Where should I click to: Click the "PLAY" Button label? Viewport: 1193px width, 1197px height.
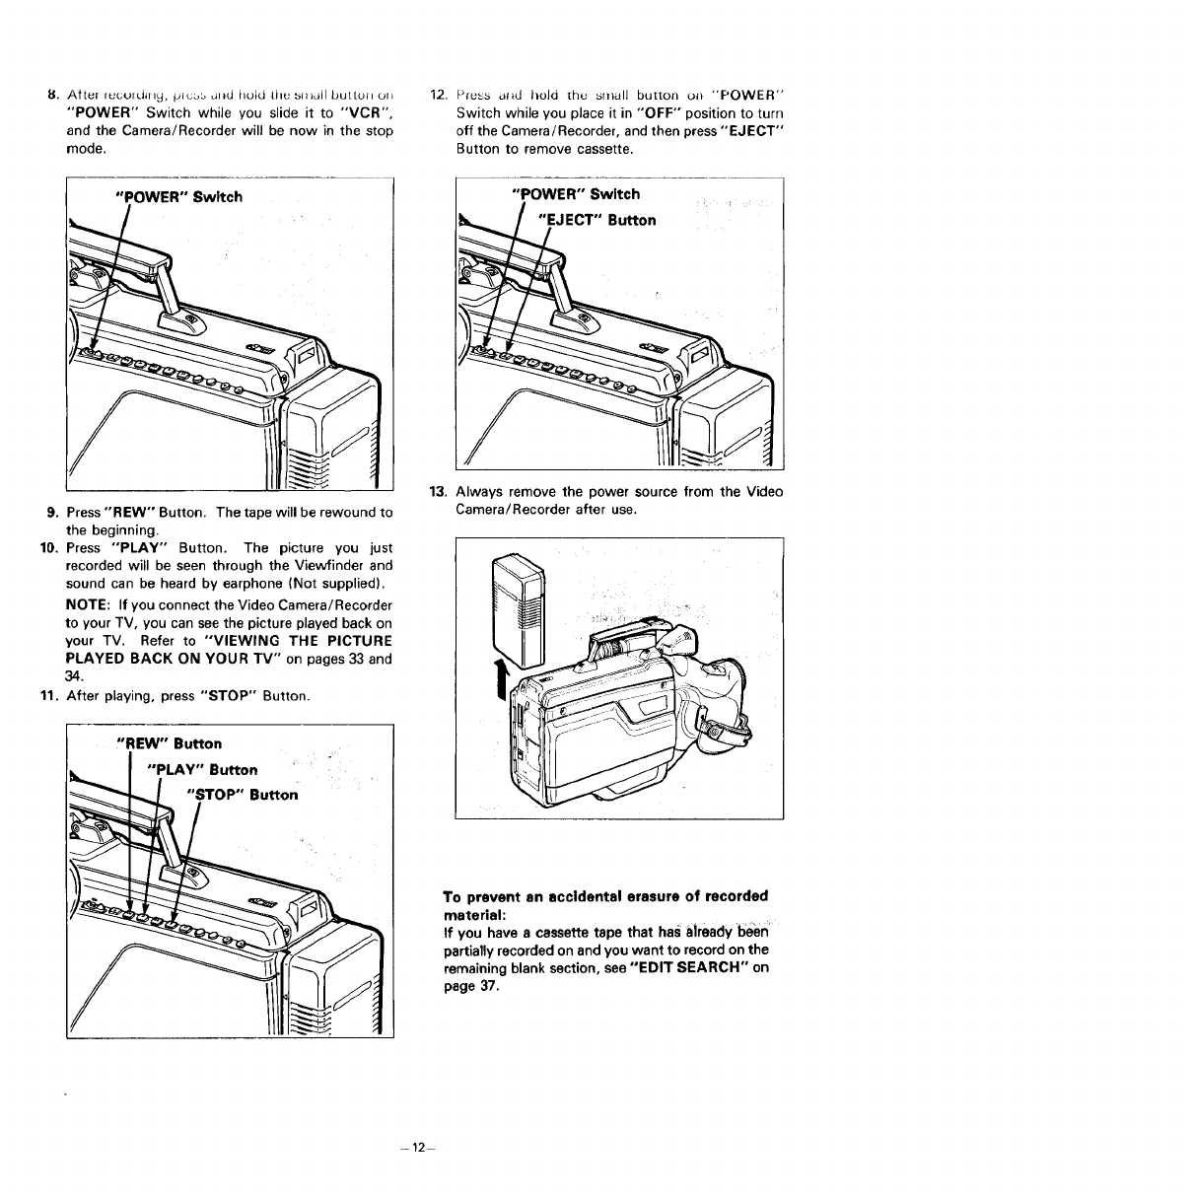point(201,769)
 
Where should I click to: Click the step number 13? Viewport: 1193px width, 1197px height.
point(437,492)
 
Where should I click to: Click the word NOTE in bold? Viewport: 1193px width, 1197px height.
point(87,604)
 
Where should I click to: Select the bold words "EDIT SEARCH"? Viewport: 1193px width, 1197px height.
point(689,968)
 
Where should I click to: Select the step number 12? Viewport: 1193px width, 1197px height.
point(440,95)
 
